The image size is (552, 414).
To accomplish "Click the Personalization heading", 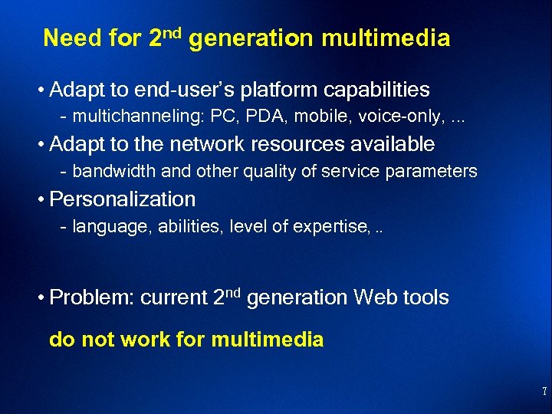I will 122,199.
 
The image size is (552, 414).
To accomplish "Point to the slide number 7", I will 544,392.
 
